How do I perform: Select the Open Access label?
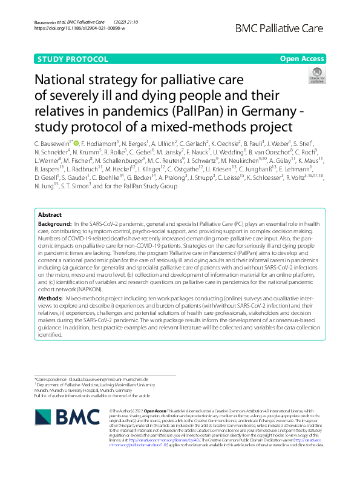click(x=301, y=59)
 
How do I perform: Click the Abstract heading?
click(x=50, y=215)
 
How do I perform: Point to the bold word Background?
click(x=54, y=224)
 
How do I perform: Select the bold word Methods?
click(x=50, y=299)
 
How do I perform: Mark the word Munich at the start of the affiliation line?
click(x=42, y=390)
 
